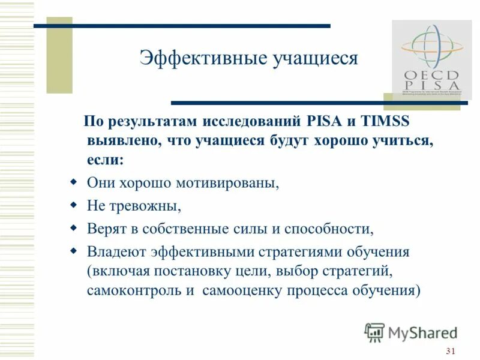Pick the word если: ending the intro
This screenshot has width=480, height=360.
[x=106, y=160]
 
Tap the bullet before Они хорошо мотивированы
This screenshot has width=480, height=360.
[x=73, y=181]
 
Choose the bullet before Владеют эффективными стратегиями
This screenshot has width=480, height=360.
[x=73, y=250]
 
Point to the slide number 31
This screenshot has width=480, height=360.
[x=452, y=351]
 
